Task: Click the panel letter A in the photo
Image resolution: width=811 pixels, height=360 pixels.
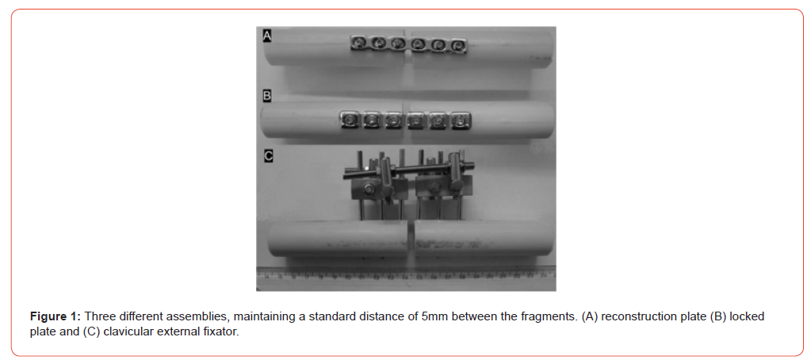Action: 267,35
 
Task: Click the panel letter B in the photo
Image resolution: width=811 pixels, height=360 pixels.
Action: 267,96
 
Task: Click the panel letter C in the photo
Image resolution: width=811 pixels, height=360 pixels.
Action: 268,155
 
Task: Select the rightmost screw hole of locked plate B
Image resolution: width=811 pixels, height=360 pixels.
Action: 459,121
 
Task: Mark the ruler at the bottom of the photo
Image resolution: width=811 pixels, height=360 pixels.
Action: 406,274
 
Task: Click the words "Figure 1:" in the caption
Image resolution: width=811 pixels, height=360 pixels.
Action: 55,316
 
